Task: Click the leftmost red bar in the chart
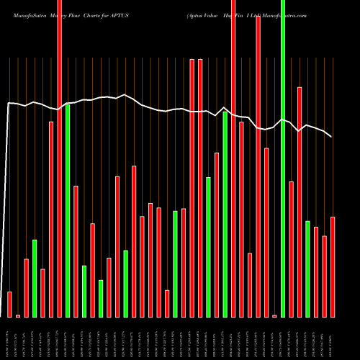(x=9, y=304)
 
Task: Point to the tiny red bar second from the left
(x=18, y=315)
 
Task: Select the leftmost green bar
(x=35, y=278)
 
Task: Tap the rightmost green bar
(x=307, y=269)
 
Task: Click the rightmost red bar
(x=332, y=266)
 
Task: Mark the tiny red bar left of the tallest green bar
(x=274, y=315)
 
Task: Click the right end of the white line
(x=331, y=136)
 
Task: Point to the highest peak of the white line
(x=125, y=94)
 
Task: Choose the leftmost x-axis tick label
(x=9, y=338)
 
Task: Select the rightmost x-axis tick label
(x=332, y=338)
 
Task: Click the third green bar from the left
(x=84, y=291)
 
